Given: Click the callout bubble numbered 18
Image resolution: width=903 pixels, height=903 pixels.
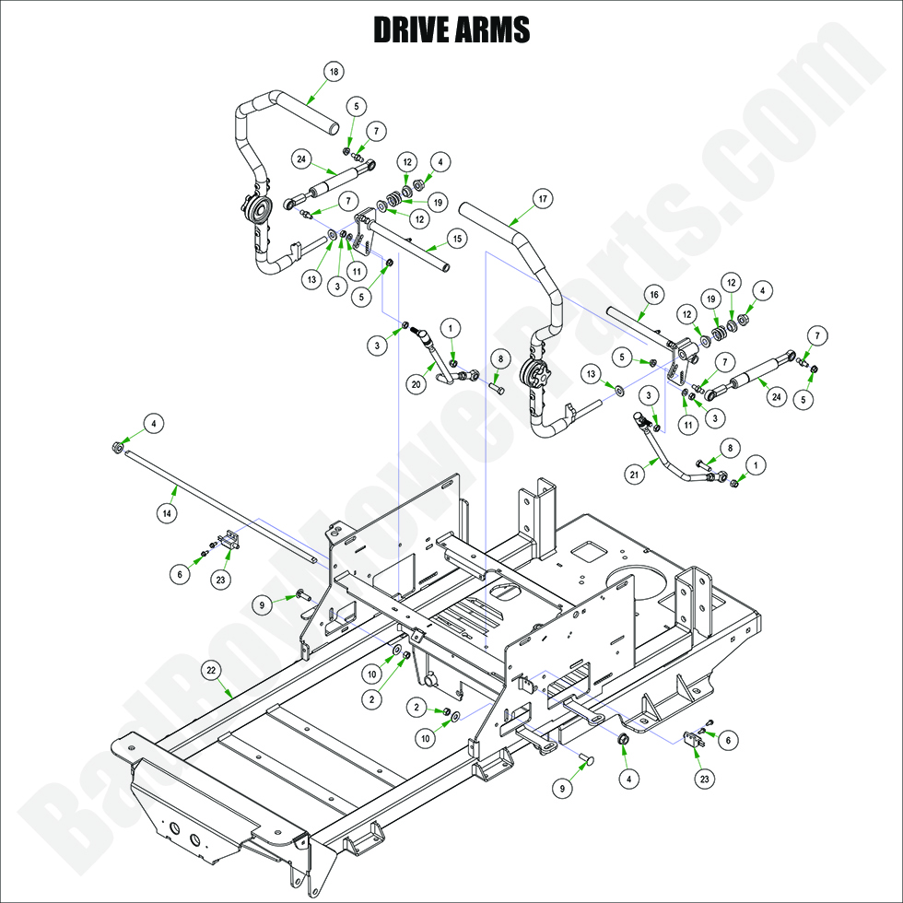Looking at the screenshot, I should tap(334, 72).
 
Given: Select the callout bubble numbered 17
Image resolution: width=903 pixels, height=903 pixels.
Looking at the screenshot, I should tap(543, 198).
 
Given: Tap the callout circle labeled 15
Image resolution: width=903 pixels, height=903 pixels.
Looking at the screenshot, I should tap(457, 239).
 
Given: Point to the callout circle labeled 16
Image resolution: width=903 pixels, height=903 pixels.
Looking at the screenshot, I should tap(652, 295).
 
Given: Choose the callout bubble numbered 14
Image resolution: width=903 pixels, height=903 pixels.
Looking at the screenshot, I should tap(166, 515).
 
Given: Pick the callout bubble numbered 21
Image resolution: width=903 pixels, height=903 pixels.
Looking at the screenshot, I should tap(634, 475).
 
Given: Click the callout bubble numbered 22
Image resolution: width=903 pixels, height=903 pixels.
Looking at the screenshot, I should tap(211, 671).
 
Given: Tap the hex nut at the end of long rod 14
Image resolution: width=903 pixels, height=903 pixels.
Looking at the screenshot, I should tap(118, 447).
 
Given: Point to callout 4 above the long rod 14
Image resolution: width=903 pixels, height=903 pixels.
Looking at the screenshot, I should tap(155, 424).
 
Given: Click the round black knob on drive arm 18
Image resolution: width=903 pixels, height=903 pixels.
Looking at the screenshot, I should tap(261, 213).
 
